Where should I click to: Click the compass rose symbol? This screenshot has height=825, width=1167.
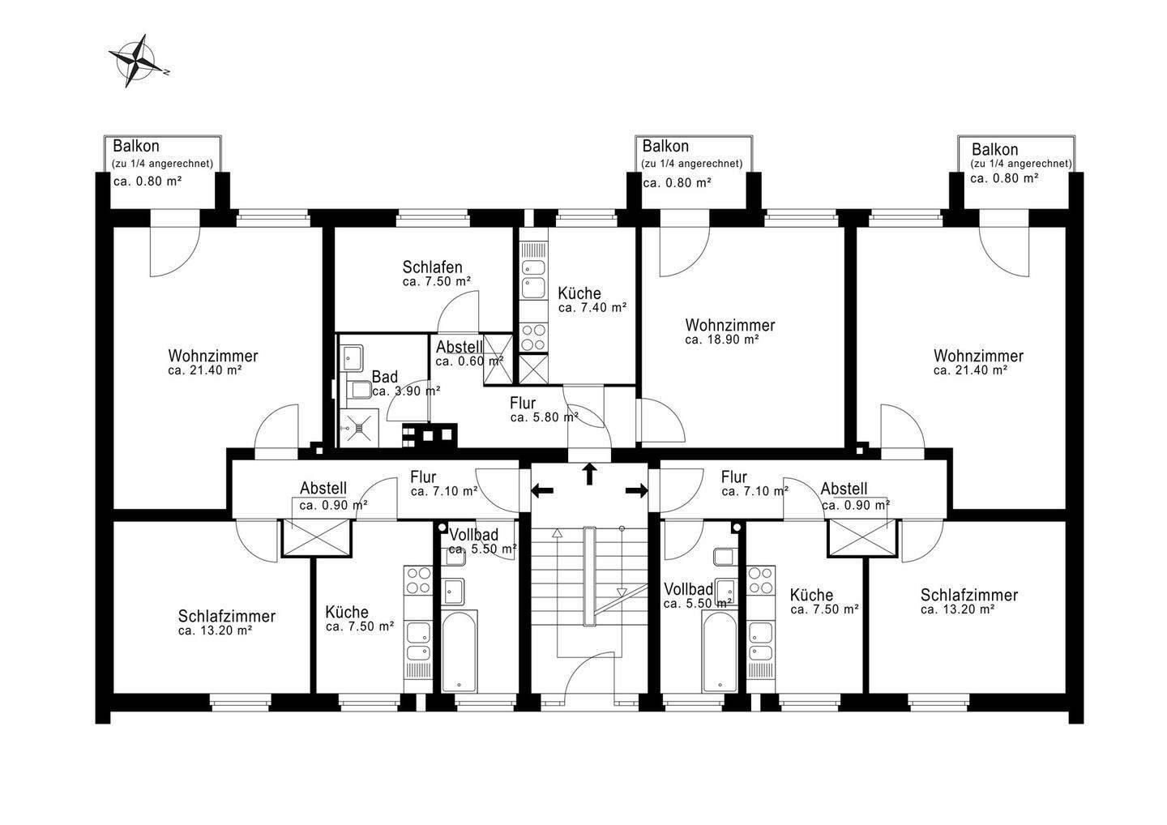(138, 62)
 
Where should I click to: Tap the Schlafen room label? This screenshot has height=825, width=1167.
(432, 267)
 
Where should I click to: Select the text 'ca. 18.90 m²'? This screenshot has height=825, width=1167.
(721, 340)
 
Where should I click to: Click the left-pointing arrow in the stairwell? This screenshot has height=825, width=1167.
(542, 490)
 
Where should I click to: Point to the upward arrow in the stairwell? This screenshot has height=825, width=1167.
(589, 474)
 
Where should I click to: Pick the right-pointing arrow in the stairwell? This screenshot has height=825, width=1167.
(637, 490)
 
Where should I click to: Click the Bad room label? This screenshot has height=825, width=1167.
(384, 377)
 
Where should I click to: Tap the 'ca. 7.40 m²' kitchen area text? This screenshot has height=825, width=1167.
(592, 308)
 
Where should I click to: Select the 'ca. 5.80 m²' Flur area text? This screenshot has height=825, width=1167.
(545, 417)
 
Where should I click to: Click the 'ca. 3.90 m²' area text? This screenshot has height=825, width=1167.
(406, 391)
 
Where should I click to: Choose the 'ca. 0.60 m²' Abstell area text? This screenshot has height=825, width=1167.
(469, 361)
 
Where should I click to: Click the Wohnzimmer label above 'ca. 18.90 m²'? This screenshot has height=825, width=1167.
(730, 325)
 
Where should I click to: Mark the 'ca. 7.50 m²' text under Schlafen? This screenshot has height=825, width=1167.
(437, 282)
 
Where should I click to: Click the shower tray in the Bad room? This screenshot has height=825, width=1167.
(358, 428)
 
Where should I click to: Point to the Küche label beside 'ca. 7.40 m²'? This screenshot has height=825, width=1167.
(579, 293)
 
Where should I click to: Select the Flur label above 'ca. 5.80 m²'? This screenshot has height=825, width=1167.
(523, 403)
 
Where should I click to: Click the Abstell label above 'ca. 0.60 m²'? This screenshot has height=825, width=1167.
(459, 347)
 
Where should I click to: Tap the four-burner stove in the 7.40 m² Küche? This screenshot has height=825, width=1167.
(533, 337)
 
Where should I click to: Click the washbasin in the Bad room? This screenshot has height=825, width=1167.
(353, 357)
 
